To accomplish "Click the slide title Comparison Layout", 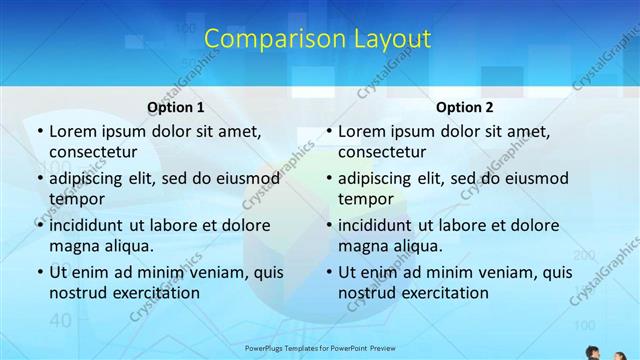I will (x=317, y=40).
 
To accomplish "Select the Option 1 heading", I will (x=175, y=107).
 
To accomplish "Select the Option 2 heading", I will (x=464, y=107).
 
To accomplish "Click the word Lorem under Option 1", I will (x=73, y=131).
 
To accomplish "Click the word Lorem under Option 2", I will (x=362, y=131).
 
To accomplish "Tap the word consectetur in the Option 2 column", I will (x=382, y=152).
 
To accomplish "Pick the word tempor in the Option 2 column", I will (x=365, y=199).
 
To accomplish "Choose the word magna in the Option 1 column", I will (x=74, y=246).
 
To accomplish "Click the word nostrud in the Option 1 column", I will (x=79, y=293).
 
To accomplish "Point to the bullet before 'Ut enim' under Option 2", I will (x=329, y=272).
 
